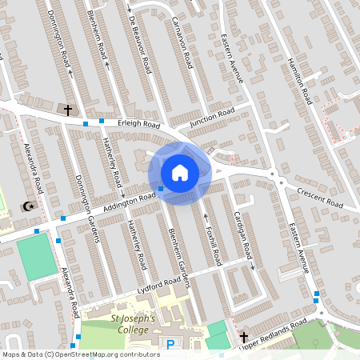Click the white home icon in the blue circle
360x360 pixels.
pos(180,173)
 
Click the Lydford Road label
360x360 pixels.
pos(159,284)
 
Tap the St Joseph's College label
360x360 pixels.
pos(132,324)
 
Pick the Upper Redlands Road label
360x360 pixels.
pos(273,333)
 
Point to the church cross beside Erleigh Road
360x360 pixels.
pos(67,109)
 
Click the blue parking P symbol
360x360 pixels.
pos(170,344)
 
